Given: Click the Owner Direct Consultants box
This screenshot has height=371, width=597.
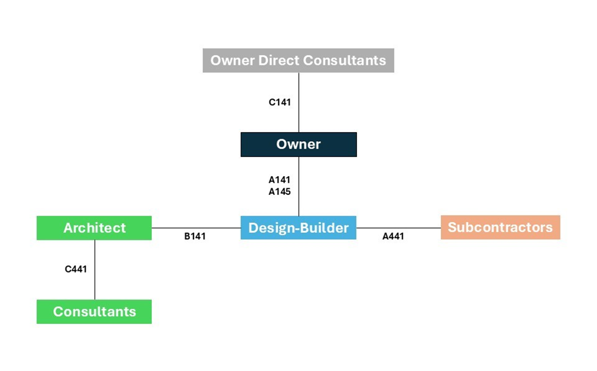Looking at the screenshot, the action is [x=298, y=61].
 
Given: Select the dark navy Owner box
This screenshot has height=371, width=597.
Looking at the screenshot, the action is [x=299, y=144].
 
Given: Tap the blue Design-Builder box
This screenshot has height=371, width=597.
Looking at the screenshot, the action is [x=299, y=228].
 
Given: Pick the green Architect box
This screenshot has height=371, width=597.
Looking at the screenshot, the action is [x=94, y=228].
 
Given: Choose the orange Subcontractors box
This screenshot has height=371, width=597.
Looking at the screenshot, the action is [x=500, y=227].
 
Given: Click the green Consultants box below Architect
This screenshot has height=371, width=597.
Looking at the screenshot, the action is [x=94, y=312].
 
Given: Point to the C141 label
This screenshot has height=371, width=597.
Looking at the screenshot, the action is [x=279, y=102].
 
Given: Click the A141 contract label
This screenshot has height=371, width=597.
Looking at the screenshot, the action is [x=279, y=180].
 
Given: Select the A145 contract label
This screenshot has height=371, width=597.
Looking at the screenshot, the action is [x=279, y=191].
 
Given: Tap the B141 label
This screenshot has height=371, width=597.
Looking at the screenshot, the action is [x=195, y=237].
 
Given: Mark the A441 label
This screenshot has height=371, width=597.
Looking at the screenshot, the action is [x=393, y=237].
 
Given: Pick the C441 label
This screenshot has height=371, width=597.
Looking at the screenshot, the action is [x=76, y=269].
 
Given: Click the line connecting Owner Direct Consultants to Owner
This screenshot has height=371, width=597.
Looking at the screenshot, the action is [x=299, y=103].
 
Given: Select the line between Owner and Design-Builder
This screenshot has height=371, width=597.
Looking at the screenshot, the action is [x=299, y=186].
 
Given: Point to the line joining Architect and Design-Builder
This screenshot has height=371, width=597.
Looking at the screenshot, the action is [x=196, y=228].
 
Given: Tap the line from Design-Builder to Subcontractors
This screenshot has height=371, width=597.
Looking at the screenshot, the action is [x=399, y=228].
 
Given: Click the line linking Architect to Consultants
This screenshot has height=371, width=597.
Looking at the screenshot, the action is [x=94, y=270].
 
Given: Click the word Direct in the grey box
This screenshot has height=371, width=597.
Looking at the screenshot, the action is [x=279, y=61].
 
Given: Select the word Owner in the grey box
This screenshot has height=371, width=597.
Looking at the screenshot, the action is [x=232, y=61].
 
